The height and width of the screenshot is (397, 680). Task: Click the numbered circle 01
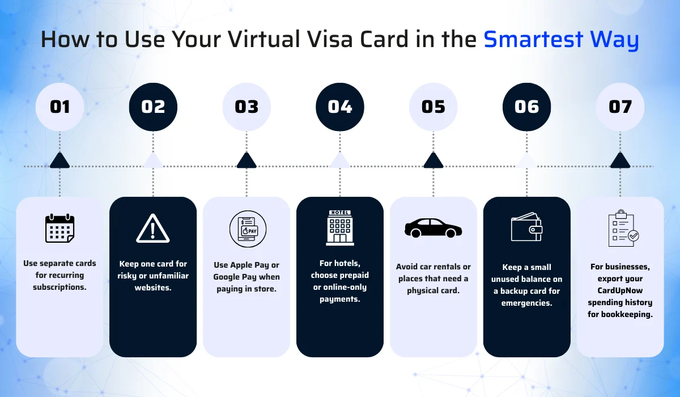(59, 107)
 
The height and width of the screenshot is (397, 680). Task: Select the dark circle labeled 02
(153, 107)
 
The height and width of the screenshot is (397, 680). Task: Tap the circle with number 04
(340, 107)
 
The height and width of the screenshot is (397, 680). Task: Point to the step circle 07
(620, 107)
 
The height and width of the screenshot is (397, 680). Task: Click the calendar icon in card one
(59, 228)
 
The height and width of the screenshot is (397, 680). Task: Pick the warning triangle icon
(153, 229)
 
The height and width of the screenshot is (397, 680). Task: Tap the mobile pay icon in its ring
(246, 229)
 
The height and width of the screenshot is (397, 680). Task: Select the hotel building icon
(340, 228)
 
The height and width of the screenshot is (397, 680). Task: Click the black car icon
(433, 228)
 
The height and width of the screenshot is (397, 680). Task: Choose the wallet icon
(526, 228)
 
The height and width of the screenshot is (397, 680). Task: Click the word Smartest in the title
(533, 40)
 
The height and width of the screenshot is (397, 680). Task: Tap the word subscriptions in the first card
(59, 287)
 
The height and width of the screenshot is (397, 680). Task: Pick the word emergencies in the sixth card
(526, 303)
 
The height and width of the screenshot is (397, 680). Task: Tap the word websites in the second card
(153, 288)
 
